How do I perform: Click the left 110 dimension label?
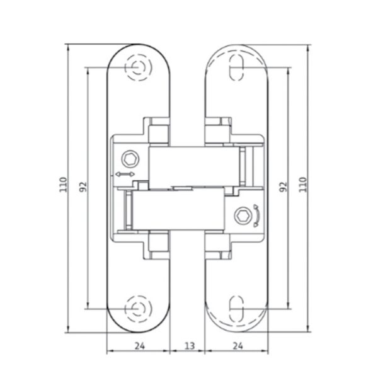pos(63,185)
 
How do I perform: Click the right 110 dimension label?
pos(303,185)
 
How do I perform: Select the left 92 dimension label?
pos(83,186)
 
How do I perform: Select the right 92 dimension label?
pos(283,186)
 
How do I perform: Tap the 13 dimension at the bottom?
pos(190,346)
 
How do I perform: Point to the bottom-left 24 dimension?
pos(140,346)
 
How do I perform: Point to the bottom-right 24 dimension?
pos(238,346)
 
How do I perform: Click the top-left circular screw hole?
pos(139,67)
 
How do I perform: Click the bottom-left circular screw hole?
pos(139,309)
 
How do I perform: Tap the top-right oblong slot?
pos(236,67)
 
